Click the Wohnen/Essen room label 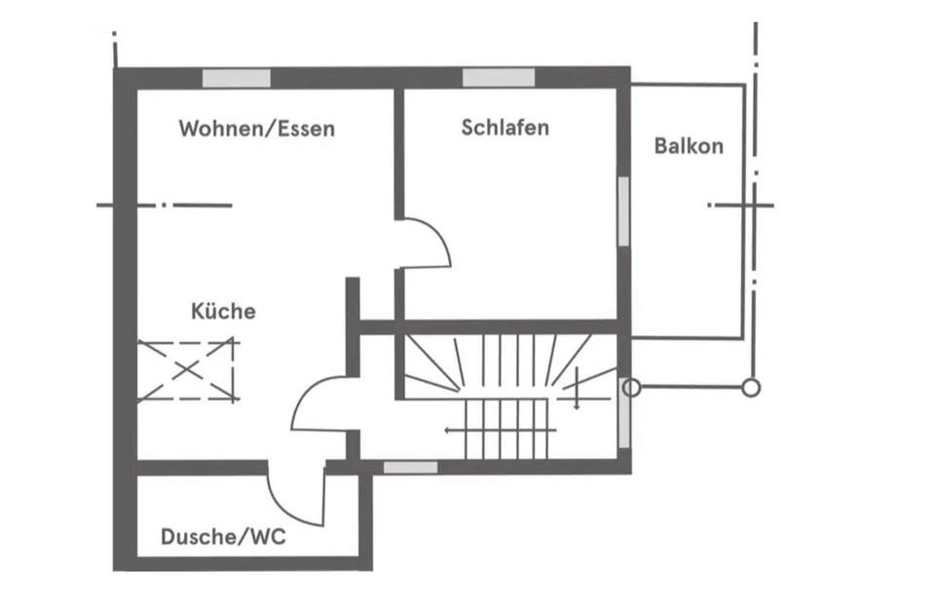point(256,129)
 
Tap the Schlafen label point(505,128)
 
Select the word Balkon point(689,146)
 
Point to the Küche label point(223,310)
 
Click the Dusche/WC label point(223,537)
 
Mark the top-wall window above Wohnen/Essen point(236,78)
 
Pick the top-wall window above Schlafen point(499,78)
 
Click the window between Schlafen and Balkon point(623,211)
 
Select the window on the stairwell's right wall point(623,413)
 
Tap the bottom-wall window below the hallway point(410,467)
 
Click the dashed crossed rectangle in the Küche point(188,370)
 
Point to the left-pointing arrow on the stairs point(501,430)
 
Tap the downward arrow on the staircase point(577,389)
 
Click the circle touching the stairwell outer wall point(632,389)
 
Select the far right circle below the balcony point(751,389)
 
